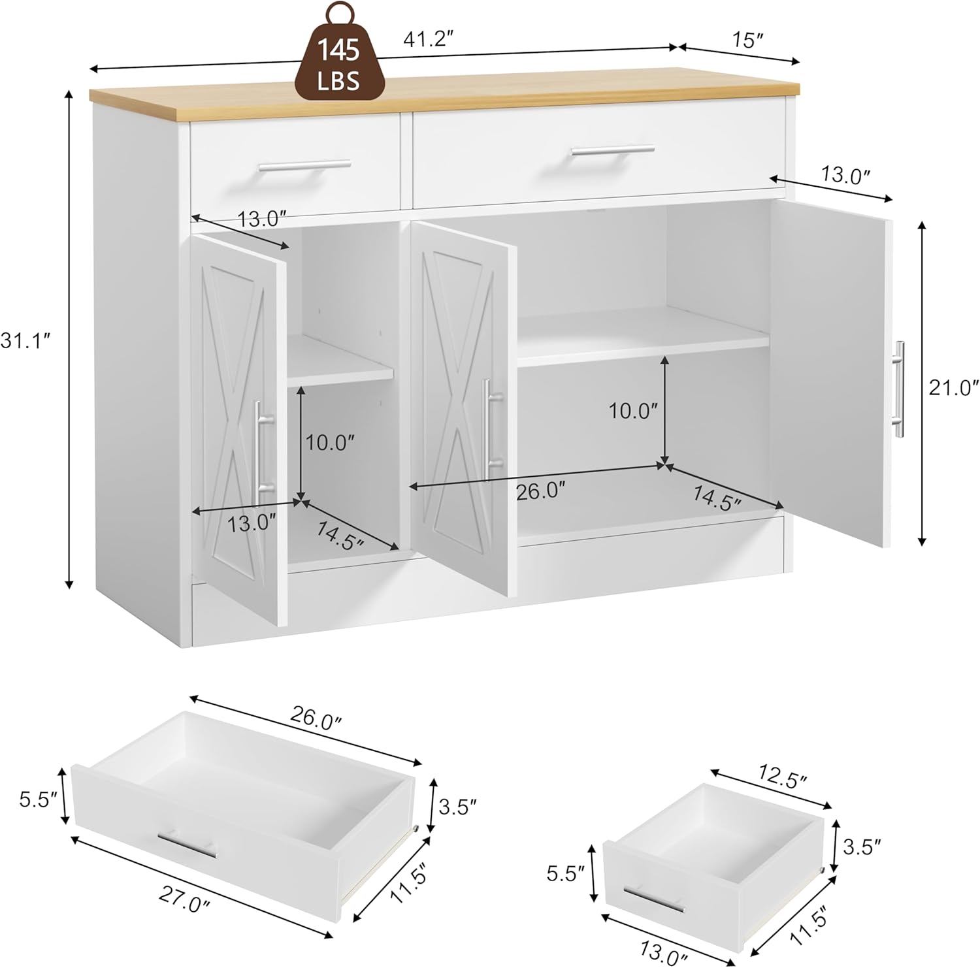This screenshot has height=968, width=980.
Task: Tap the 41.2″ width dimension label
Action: pyautogui.click(x=429, y=40)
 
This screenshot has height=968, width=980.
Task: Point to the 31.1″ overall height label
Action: pyautogui.click(x=25, y=340)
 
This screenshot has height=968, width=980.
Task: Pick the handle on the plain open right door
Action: pyautogui.click(x=900, y=389)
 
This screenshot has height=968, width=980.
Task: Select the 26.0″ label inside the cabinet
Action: pyautogui.click(x=540, y=491)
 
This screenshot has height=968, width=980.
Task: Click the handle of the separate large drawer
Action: pyautogui.click(x=187, y=844)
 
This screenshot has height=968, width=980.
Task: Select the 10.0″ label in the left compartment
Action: pyautogui.click(x=330, y=444)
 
